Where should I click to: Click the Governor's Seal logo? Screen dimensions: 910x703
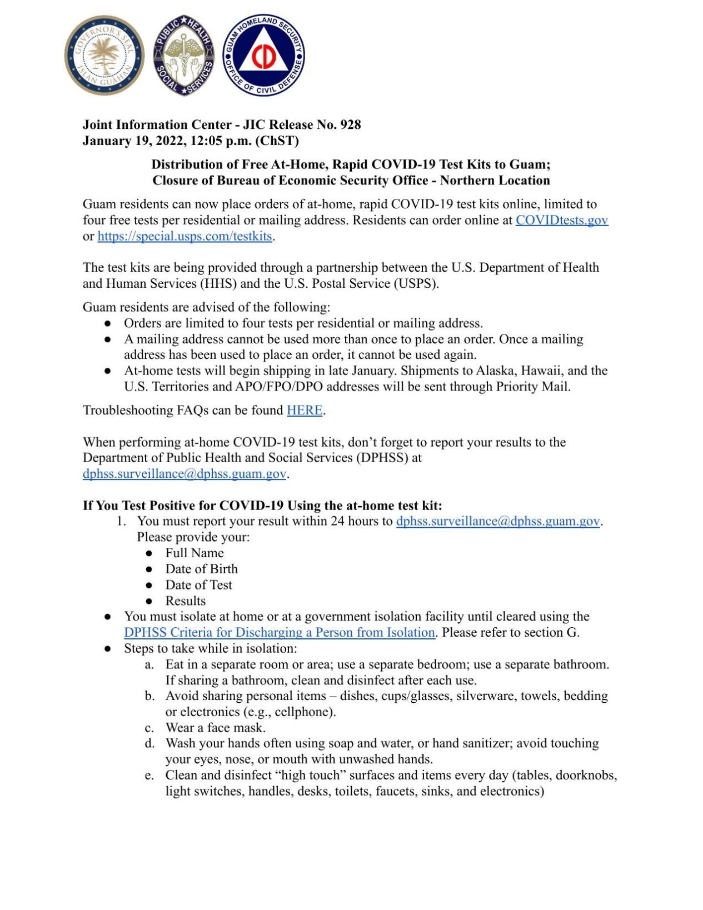(104, 55)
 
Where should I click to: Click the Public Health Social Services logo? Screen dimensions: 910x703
(184, 55)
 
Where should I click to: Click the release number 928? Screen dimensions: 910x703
(350, 124)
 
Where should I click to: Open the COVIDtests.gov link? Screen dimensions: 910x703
(561, 220)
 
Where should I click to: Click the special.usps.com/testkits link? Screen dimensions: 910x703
(185, 236)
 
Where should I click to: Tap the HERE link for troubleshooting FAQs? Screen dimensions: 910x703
(304, 410)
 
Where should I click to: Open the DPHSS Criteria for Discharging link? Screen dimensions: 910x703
(279, 632)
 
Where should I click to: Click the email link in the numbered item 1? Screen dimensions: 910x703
(497, 521)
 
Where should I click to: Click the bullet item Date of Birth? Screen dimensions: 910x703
(201, 569)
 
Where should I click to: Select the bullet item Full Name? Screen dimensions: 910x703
(194, 553)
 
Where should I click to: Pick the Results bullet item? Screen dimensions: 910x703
(185, 601)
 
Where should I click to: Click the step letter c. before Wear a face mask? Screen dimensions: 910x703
(149, 728)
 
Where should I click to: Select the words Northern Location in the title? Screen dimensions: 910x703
(495, 181)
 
